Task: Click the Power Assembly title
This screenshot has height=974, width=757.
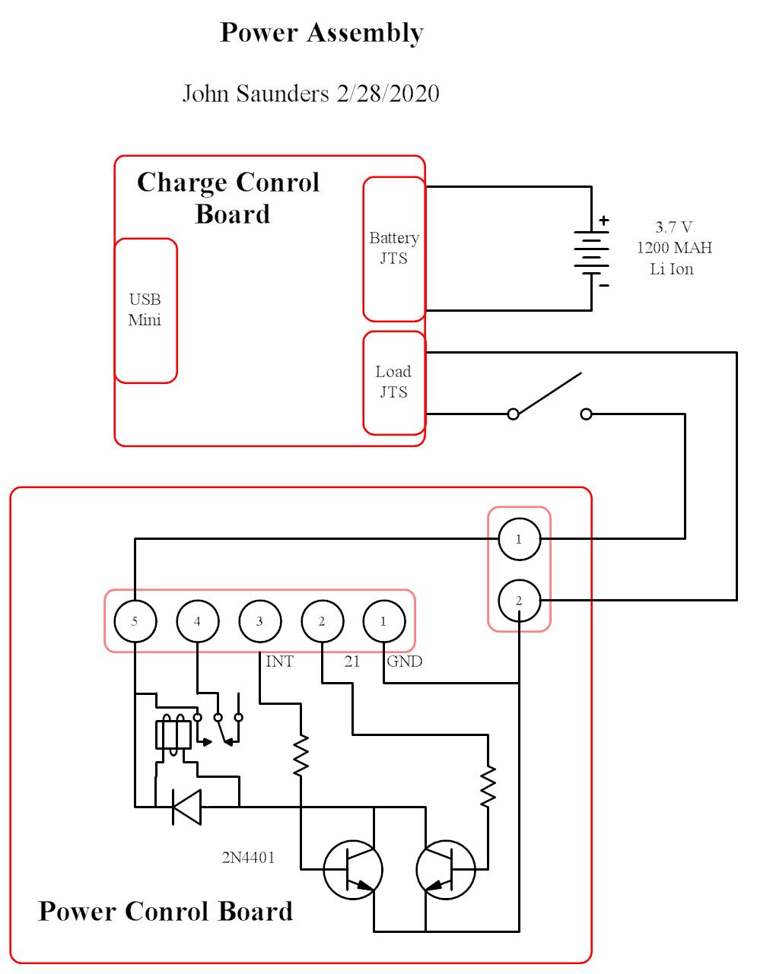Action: (321, 33)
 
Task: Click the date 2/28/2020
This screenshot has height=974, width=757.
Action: (387, 94)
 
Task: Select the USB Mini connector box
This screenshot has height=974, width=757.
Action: (145, 310)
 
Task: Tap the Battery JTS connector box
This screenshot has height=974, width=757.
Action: (393, 249)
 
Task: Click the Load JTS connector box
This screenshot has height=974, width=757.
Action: (393, 382)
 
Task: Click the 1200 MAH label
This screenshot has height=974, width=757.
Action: (674, 248)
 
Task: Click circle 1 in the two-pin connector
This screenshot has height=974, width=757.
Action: (519, 539)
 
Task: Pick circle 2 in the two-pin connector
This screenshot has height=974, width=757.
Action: (519, 601)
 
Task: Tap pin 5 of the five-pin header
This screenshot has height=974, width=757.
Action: (135, 621)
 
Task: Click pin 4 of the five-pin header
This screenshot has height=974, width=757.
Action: (197, 621)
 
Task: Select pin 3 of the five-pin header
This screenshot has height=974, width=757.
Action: (259, 621)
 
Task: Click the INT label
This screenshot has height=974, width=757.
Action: (279, 661)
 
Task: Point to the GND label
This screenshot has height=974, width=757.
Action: (404, 661)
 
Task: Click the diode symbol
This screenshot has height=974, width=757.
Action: (186, 807)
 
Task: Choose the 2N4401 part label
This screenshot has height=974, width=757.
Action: (248, 858)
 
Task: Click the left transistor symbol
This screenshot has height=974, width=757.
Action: (352, 870)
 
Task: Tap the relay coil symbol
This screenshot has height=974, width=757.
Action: (173, 734)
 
